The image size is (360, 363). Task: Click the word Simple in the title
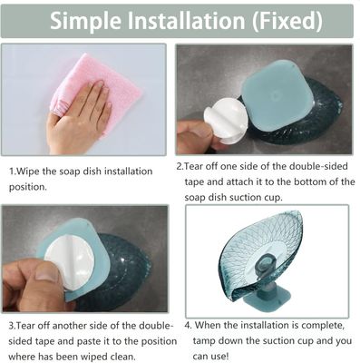coord(85,21)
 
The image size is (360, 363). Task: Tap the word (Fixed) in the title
coord(287,21)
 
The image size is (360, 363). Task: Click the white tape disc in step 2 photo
coord(225,120)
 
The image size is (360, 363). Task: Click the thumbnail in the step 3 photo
coord(46,270)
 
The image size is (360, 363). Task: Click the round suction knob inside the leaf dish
coord(266,263)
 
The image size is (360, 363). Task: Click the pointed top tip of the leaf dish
coord(298,212)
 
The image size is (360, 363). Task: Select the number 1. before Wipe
coord(12,172)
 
